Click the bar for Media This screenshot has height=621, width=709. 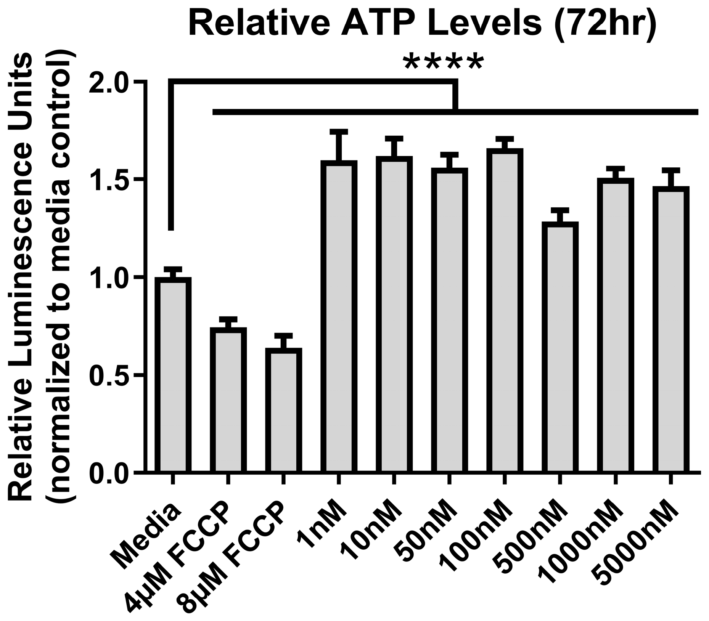point(175,375)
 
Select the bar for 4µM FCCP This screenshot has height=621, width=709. point(228,400)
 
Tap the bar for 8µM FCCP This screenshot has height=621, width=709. point(284,411)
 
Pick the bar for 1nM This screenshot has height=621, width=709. point(339,316)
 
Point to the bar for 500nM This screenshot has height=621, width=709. point(560,347)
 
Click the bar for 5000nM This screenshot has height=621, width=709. point(670,330)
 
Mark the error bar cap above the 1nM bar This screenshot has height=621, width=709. point(339,132)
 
